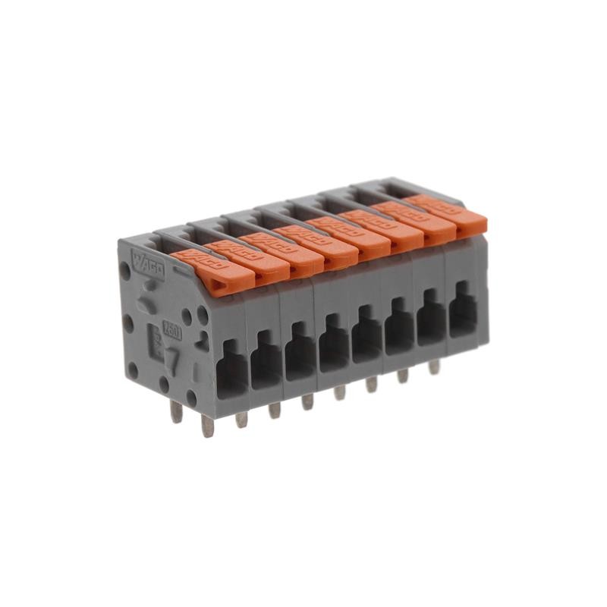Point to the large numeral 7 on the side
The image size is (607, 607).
[171, 363]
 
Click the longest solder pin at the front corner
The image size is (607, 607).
[207, 425]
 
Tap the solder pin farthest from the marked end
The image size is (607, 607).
[434, 367]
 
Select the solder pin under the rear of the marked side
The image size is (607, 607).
[176, 411]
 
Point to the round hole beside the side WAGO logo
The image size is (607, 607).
[125, 265]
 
